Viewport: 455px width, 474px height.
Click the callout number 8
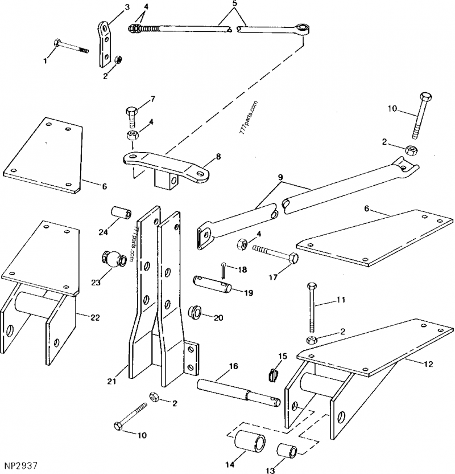point(218,155)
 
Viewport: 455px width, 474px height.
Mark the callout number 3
point(126,7)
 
